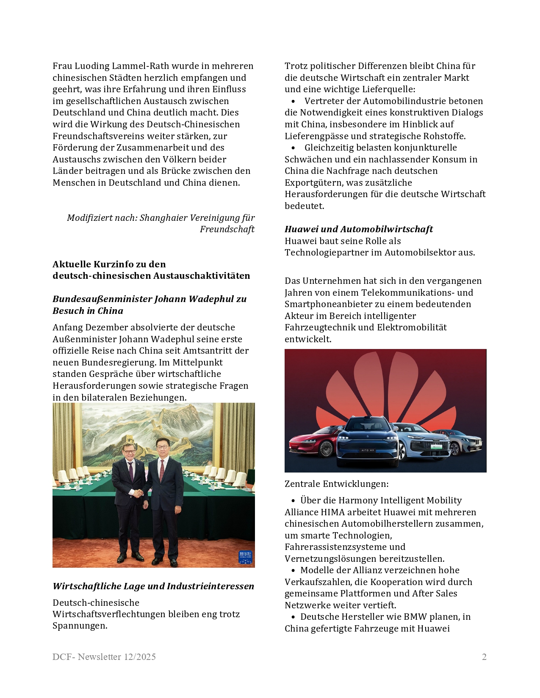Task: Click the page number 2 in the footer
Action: click(484, 657)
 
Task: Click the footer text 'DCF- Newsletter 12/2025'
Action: click(104, 657)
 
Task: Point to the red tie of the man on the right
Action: click(161, 470)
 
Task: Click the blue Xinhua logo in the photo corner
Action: click(245, 557)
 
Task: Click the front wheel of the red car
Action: click(326, 448)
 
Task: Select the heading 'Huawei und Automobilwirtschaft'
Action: click(358, 229)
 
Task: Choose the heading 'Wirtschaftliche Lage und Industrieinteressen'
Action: click(153, 586)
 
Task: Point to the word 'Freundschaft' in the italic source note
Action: click(227, 229)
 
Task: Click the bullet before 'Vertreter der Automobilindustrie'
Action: click(293, 101)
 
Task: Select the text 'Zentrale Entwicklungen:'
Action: click(336, 484)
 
